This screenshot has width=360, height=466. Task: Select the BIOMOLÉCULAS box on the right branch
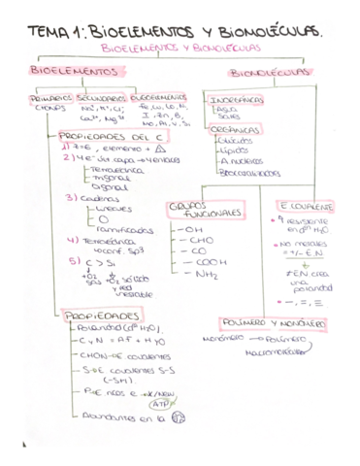coord(269,73)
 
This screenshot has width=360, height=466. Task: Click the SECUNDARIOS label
coord(97,99)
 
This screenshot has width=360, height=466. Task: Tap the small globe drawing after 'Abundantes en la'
coord(178,417)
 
